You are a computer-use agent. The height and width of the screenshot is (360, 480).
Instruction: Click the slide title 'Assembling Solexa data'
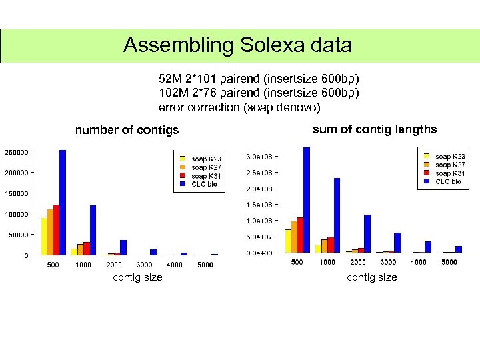click(x=238, y=45)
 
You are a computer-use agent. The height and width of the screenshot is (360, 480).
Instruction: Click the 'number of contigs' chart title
click(x=127, y=130)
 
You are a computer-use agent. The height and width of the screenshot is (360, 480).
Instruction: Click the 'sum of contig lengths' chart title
click(x=374, y=129)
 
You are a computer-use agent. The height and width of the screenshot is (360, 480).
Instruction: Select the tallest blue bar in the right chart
click(x=307, y=200)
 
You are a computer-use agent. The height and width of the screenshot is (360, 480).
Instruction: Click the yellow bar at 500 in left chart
click(x=43, y=237)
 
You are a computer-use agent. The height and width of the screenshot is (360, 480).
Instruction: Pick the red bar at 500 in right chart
click(x=300, y=235)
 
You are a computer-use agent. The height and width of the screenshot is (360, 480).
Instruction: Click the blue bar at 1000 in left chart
click(x=93, y=230)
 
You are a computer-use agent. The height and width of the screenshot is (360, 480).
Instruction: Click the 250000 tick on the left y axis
click(x=17, y=152)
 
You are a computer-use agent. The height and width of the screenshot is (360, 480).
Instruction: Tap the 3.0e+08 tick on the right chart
click(x=259, y=157)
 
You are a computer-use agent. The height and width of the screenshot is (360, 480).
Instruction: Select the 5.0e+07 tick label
click(x=259, y=237)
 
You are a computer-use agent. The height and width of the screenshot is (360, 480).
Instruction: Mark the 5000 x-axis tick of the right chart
click(x=449, y=262)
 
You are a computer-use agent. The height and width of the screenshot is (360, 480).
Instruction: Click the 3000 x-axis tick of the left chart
click(x=145, y=265)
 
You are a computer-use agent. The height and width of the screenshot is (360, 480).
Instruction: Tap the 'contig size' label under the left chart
click(x=137, y=277)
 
